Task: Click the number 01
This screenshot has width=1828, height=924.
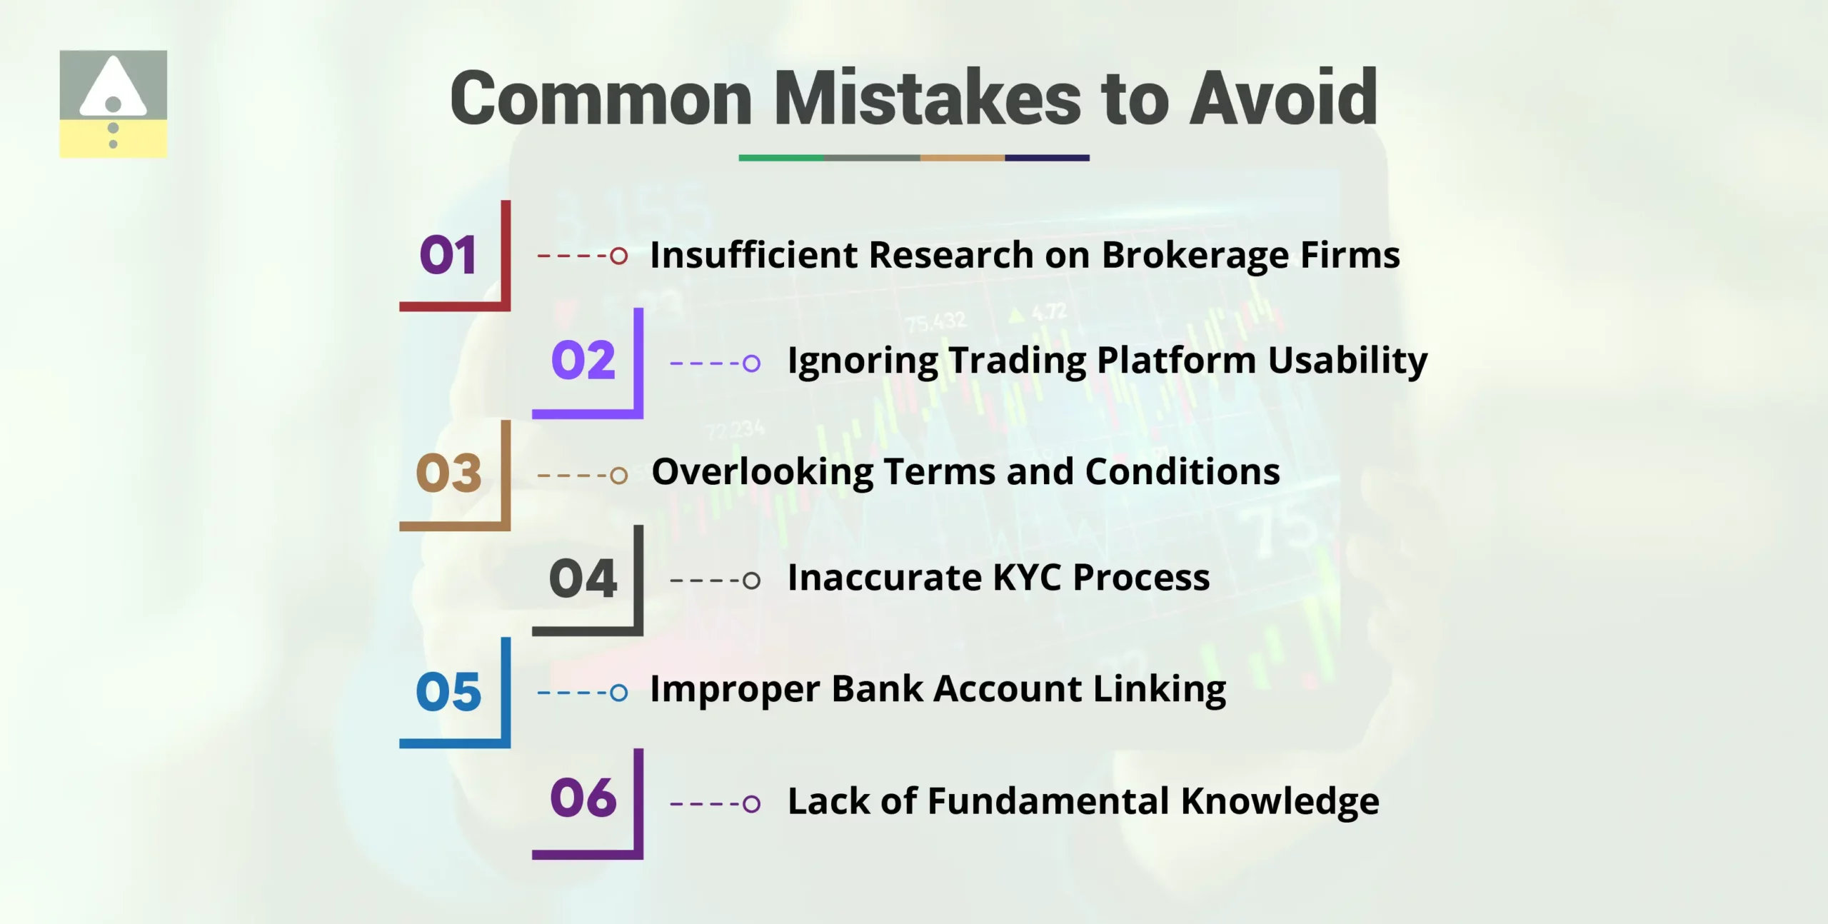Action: point(448,255)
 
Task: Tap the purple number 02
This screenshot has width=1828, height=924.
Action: point(583,360)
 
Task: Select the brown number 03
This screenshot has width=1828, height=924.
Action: point(448,473)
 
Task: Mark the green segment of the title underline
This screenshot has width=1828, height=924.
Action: point(780,158)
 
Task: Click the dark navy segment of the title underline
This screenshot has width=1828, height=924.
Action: point(1047,158)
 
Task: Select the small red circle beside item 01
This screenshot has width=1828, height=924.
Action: point(619,255)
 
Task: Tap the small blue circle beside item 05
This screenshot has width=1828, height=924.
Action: point(619,692)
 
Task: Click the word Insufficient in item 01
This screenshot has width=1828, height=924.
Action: point(753,255)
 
